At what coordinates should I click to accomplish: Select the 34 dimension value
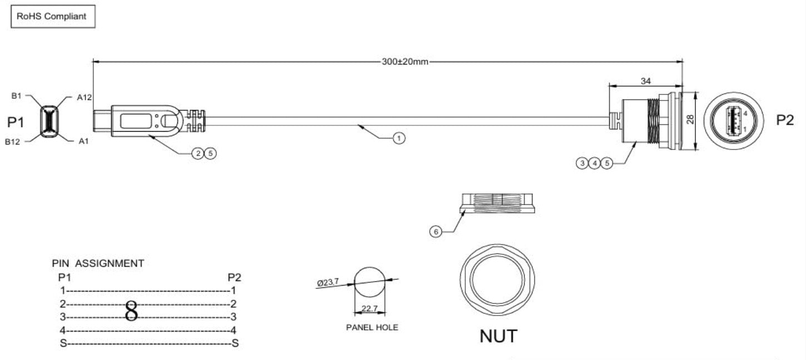click(645, 81)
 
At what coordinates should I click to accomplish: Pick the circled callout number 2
click(198, 154)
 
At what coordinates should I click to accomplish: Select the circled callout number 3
click(583, 163)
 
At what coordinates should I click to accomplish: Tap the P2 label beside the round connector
click(784, 121)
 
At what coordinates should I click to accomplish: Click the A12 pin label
click(84, 97)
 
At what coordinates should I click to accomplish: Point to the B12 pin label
click(13, 142)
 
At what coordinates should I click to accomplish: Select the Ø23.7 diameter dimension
click(328, 283)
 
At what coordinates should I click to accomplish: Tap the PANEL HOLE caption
click(372, 327)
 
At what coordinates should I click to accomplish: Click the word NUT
click(498, 336)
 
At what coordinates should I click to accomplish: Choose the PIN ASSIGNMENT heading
click(98, 263)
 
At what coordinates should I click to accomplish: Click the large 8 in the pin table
click(131, 312)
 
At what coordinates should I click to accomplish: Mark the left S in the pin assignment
click(63, 343)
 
